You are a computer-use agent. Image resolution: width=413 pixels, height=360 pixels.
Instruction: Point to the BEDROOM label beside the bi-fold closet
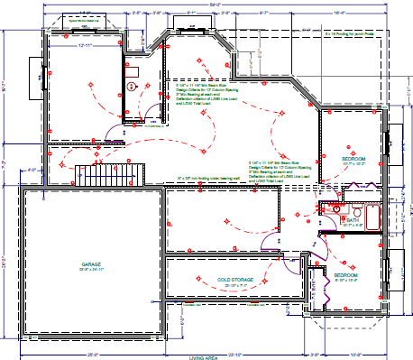[x=345, y=275]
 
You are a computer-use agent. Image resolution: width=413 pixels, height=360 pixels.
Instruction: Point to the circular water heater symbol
[x=132, y=87]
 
